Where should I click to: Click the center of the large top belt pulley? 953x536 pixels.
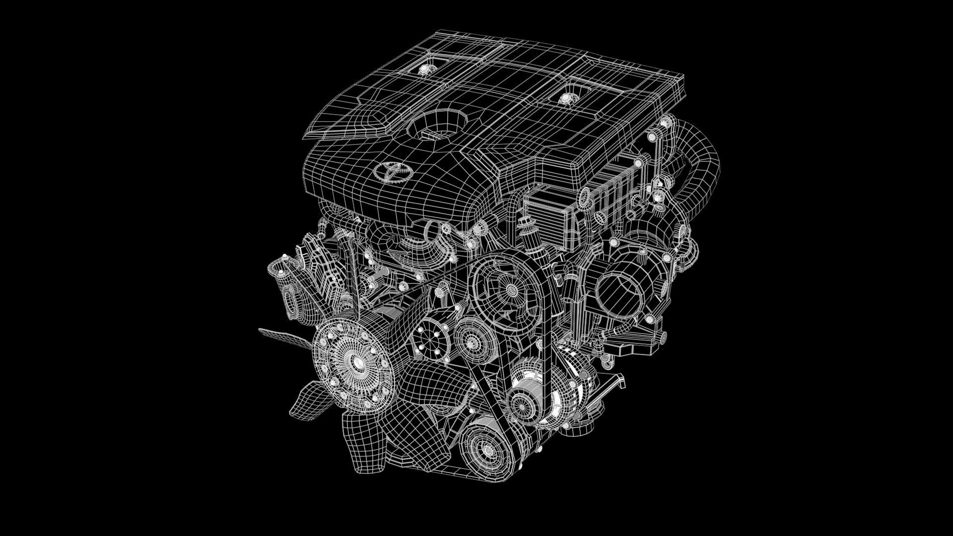(x=507, y=287)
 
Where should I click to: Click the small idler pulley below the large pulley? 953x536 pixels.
(x=470, y=338)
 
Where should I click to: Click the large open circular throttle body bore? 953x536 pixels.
(x=618, y=293)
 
